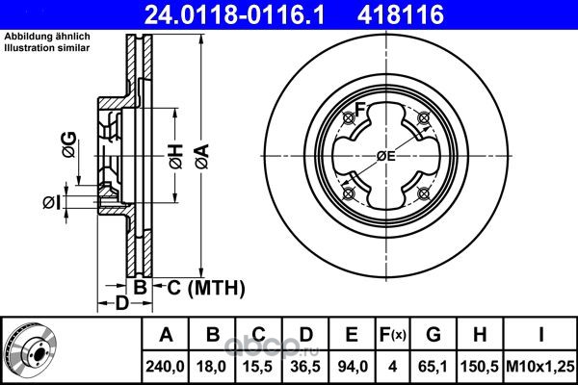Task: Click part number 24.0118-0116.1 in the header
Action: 234,14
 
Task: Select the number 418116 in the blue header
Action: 401,14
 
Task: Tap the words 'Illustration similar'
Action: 47,48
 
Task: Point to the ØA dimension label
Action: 202,157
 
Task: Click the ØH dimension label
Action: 176,157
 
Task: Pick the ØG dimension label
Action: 69,144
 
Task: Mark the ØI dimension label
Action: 51,203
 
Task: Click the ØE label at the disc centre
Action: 385,156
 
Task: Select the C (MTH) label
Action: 206,288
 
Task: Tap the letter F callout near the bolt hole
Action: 360,109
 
